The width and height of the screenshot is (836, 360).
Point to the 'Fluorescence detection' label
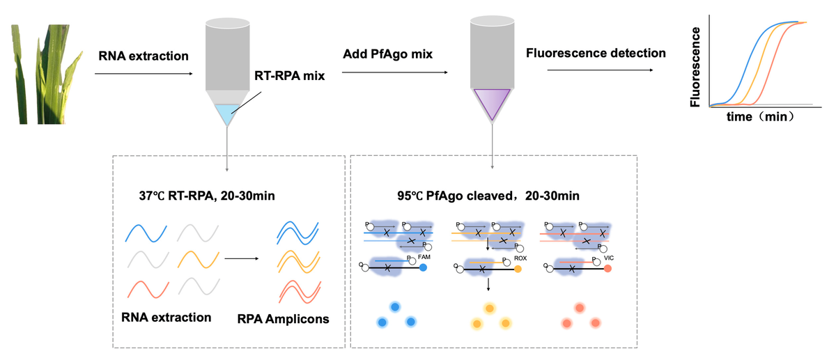[x=596, y=53]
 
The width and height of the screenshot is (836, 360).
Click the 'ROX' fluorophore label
[x=520, y=258]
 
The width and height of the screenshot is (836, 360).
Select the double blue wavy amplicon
[x=297, y=231]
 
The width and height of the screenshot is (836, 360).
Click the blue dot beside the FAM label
[x=424, y=269]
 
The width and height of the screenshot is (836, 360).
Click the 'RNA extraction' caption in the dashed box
[x=166, y=318]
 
